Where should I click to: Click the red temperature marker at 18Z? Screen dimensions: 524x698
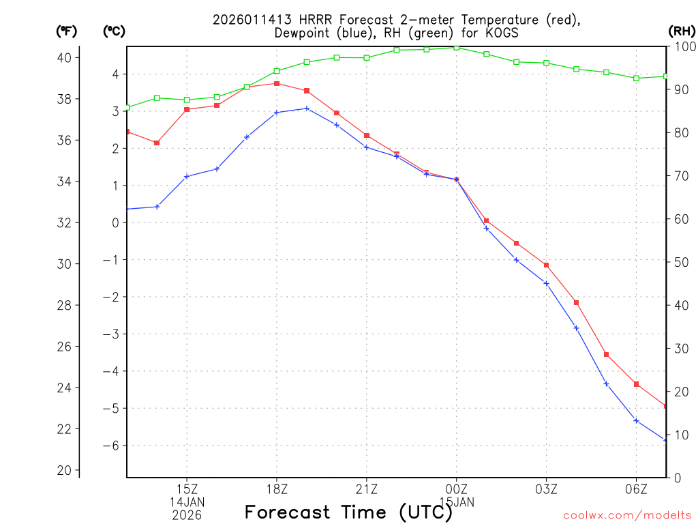(277, 83)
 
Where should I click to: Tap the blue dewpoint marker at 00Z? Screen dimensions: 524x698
(457, 179)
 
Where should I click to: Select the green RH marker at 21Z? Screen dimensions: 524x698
(367, 58)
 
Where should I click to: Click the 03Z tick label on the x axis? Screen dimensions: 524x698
(546, 489)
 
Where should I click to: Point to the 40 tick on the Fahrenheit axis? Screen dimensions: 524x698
(65, 57)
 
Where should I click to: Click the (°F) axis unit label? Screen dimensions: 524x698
(66, 31)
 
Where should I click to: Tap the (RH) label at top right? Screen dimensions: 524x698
(681, 31)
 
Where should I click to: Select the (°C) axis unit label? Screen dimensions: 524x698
(114, 31)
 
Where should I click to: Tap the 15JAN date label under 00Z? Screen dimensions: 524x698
(457, 501)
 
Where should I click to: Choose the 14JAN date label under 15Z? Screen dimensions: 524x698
(187, 501)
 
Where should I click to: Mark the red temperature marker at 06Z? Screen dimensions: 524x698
(636, 384)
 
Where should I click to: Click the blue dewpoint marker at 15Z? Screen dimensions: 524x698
(187, 177)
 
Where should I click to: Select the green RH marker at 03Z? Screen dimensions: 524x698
(546, 63)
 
